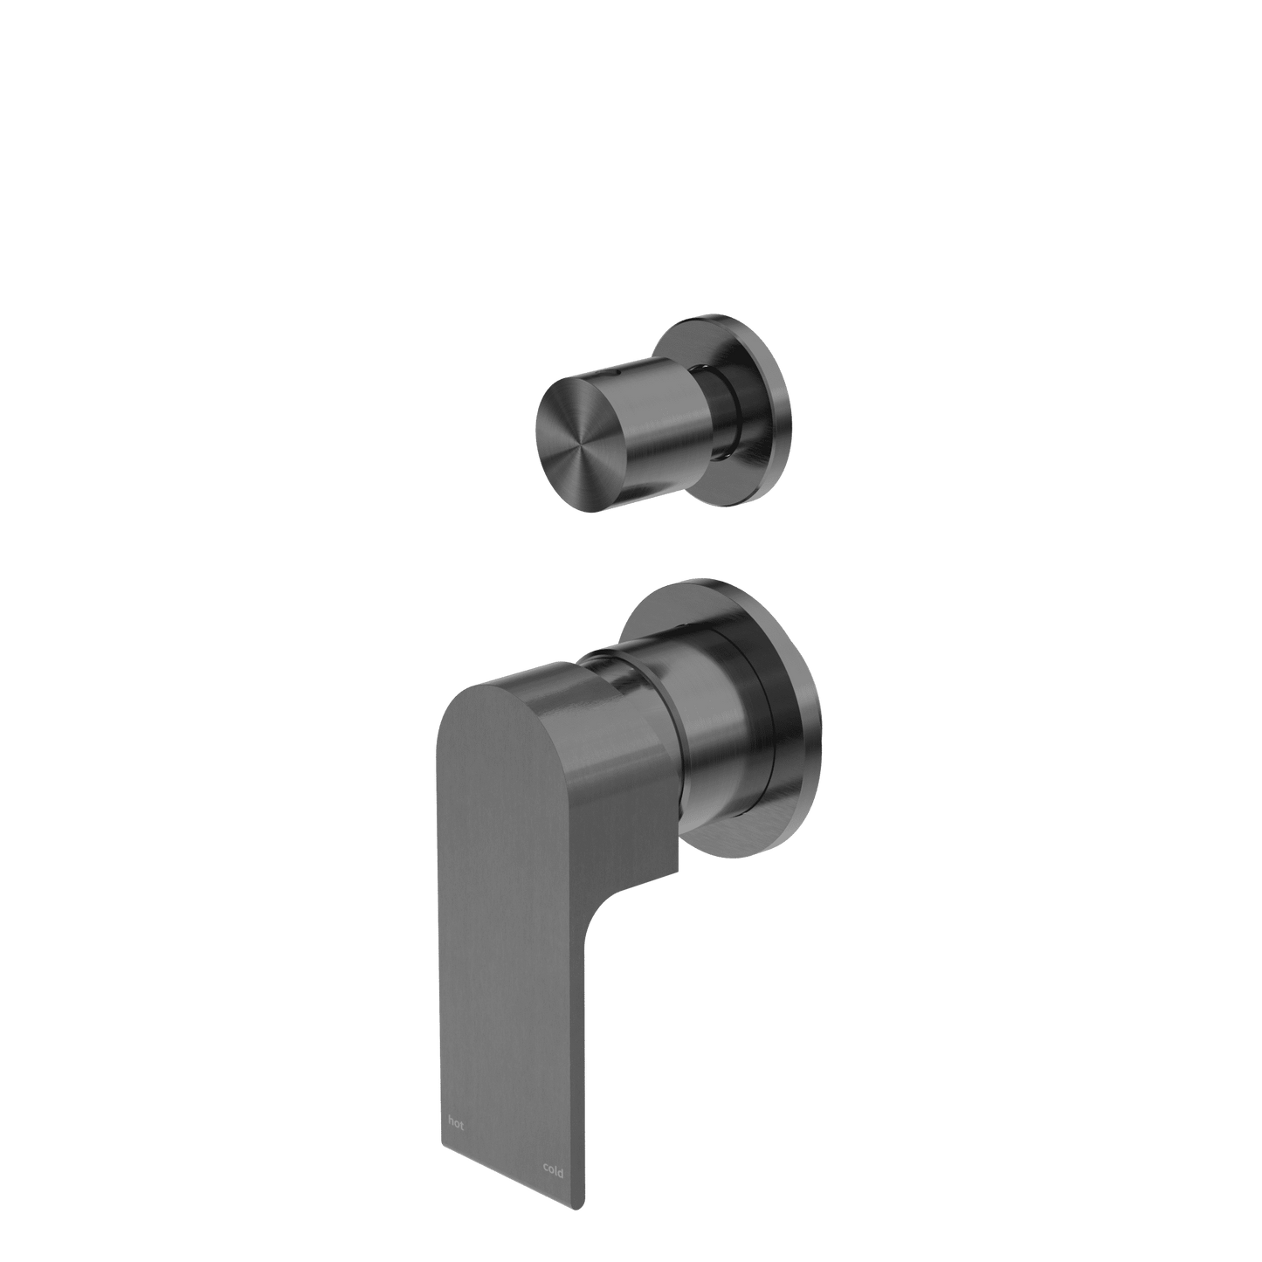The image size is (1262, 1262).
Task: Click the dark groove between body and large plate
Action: (758, 734)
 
